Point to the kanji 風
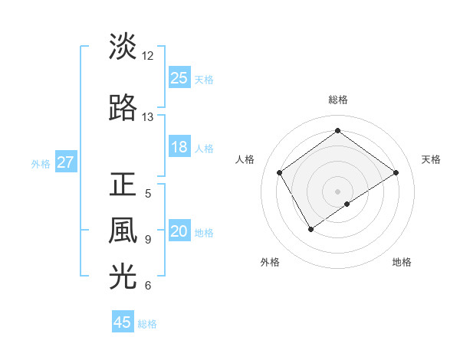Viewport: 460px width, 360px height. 123,231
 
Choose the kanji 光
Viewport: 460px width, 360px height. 123,277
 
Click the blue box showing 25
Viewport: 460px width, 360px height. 179,78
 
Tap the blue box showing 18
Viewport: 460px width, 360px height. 179,148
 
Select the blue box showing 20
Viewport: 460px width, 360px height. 179,232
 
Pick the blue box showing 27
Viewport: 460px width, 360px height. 66,162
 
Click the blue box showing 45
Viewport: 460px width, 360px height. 123,322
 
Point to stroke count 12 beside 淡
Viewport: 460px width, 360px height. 148,56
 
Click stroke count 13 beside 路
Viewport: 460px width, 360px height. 148,117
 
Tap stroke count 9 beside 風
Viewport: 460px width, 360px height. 148,240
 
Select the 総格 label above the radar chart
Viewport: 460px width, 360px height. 337,100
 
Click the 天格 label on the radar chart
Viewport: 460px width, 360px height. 431,159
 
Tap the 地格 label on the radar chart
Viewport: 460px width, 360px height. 402,262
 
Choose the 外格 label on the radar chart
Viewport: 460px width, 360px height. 270,262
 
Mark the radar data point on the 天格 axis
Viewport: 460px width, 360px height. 396,172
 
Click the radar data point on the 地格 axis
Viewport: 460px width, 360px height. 347,204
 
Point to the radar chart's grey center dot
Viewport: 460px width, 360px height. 337,190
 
